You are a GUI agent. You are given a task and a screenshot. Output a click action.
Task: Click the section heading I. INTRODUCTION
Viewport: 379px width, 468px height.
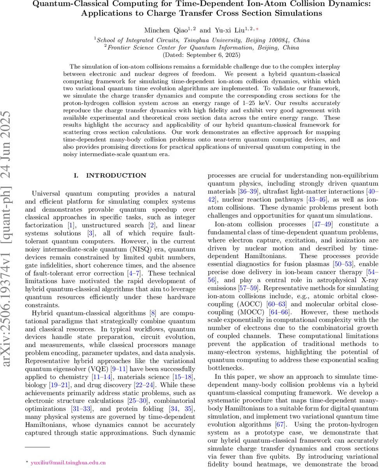coord(110,175)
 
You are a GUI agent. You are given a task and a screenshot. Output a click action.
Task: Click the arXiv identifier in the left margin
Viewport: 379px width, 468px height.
coord(9,234)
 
